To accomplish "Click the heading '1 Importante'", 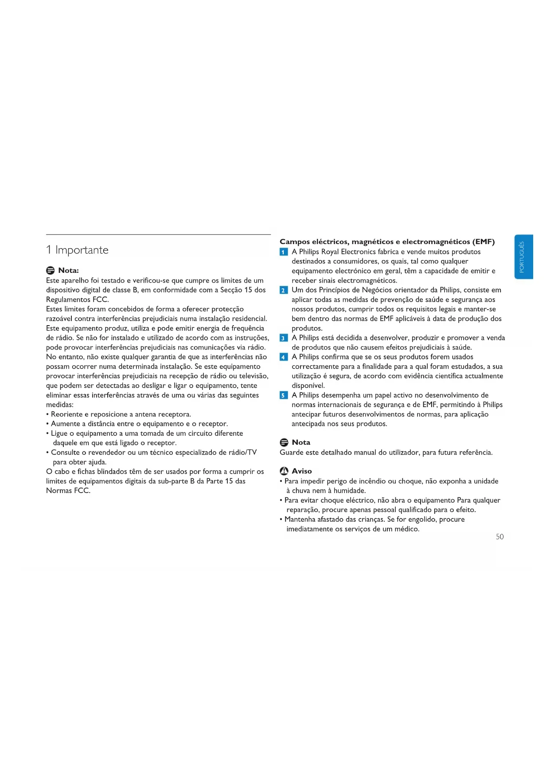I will point(77,250).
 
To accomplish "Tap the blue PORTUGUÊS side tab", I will point(523,257).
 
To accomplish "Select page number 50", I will point(499,537).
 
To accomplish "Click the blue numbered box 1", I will point(284,252).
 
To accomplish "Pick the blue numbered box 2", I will point(284,291).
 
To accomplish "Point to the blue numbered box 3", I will point(284,338).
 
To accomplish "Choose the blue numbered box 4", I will point(284,357).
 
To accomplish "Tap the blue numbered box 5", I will point(284,396).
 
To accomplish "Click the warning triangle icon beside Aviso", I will point(284,471).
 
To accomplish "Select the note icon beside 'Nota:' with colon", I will point(51,271).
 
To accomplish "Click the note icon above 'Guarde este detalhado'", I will point(284,443).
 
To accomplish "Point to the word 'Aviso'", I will point(302,471).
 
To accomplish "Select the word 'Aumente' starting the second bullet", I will point(65,424).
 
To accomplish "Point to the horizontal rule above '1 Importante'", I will point(158,234).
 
